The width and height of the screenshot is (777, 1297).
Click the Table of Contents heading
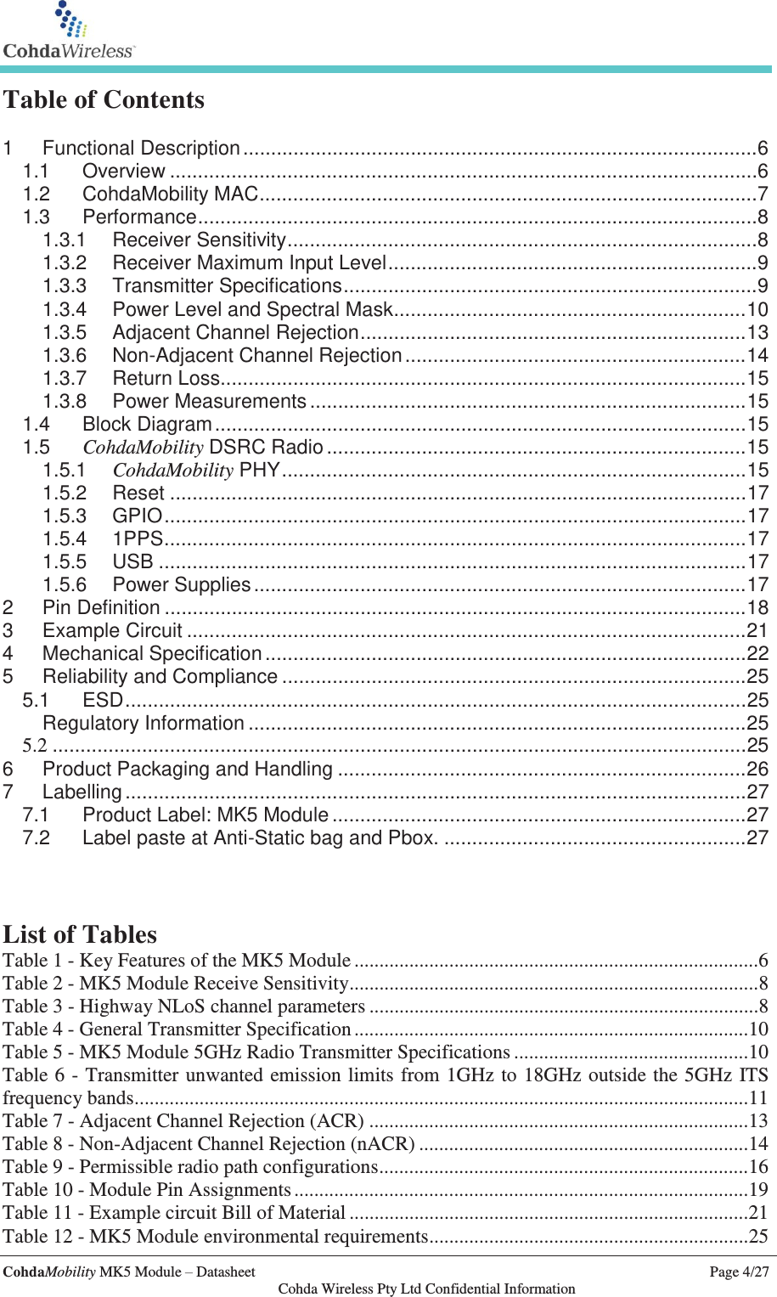(104, 99)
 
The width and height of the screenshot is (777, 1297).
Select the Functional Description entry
(141, 149)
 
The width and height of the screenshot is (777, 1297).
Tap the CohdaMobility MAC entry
(170, 195)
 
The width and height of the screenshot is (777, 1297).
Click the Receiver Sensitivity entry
(199, 240)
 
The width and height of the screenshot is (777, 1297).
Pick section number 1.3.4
(65, 309)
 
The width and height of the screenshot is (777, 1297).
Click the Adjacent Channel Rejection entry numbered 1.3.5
(235, 332)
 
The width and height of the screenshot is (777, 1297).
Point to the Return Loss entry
(166, 378)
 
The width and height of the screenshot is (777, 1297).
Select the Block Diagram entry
(147, 424)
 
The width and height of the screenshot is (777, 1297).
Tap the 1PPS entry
(138, 539)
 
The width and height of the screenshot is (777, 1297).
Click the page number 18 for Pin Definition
(757, 608)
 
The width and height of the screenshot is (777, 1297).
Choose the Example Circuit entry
(112, 631)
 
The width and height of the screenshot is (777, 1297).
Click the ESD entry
(103, 700)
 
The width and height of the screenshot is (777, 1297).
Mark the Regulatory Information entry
(144, 724)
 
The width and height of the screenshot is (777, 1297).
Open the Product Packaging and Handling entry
(187, 770)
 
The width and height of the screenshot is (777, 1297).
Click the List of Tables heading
(80, 934)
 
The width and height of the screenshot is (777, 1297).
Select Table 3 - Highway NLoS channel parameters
(184, 1007)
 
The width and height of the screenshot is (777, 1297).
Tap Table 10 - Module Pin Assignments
(147, 1190)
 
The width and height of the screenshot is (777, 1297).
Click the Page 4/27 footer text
(739, 1272)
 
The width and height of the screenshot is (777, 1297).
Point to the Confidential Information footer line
(426, 1289)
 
